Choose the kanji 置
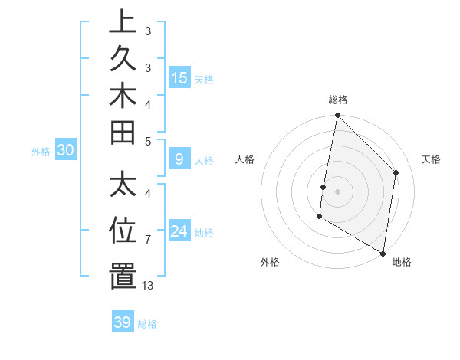pos(123,276)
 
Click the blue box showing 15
pos(179,77)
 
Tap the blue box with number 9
pos(179,160)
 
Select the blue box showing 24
pos(179,231)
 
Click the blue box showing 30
pos(66,151)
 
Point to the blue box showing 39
pos(122,322)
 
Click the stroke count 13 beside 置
pos(148,286)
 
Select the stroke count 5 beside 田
pos(148,141)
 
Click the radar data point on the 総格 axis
pos(337,116)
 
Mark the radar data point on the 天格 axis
pos(396,172)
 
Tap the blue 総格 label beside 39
pos(147,324)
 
